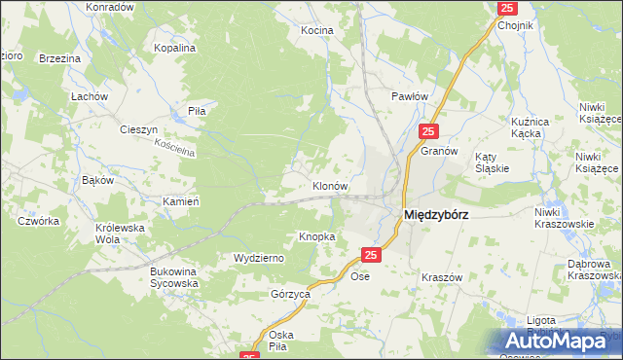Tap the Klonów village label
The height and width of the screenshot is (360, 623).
(x=330, y=185)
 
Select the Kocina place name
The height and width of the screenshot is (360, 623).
(x=316, y=30)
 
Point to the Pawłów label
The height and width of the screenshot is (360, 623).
(x=409, y=96)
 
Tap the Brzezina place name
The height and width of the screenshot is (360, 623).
(x=59, y=58)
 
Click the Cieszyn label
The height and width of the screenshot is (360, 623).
(x=138, y=129)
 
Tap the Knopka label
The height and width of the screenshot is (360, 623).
(x=317, y=236)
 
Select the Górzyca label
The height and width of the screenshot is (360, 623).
(x=290, y=293)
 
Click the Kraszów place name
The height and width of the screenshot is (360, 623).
(x=441, y=277)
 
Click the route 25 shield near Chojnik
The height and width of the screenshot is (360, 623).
(x=506, y=8)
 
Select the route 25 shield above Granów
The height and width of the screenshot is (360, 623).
(x=429, y=130)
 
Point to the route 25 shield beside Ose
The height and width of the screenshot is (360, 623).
(x=370, y=255)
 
